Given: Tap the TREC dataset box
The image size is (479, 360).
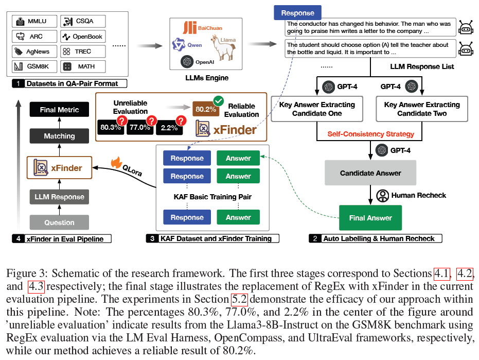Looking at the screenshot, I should coord(83,52).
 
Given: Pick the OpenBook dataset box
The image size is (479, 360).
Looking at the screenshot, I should coord(83,37).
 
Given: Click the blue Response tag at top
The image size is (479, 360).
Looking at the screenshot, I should coord(297,13).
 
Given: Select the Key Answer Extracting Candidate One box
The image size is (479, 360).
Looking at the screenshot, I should coord(317,109).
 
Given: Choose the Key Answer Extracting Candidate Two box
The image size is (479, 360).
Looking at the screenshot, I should coord(422,109).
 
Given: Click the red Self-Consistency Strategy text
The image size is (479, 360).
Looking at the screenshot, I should coord(371,134).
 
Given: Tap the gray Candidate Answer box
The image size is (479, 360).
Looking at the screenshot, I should coord(370,173).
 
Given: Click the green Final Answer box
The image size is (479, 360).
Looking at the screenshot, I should coord(370,218).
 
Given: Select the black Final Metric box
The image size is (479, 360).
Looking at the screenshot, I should coord(59,110).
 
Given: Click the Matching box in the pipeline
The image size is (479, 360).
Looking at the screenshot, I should coord(59,136).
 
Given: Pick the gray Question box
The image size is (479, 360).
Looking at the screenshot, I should coord(59,222).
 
